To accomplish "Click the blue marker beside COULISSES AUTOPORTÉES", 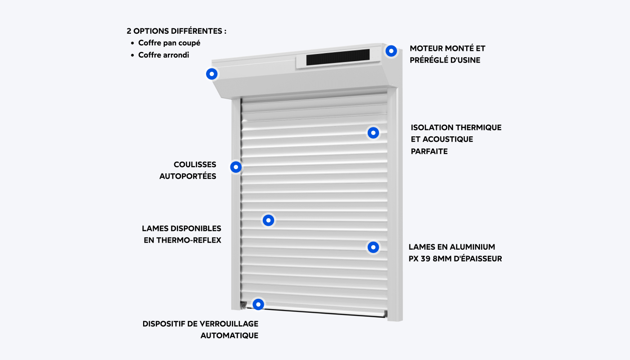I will (x=236, y=167).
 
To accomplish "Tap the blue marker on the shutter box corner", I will (x=212, y=74).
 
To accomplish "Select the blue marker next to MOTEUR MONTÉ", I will (x=391, y=51).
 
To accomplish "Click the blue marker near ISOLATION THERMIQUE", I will (x=373, y=133).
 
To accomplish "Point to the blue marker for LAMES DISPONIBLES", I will (x=269, y=220).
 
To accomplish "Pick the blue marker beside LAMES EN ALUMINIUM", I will (x=373, y=247).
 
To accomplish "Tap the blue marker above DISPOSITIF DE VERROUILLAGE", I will (x=258, y=304).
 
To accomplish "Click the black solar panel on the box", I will (x=337, y=57).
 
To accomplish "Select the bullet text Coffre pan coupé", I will (x=169, y=43).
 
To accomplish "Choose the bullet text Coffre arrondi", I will (x=164, y=55).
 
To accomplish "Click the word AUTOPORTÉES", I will (x=188, y=176).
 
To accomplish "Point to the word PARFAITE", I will (x=429, y=152).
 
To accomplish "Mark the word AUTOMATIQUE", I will (x=229, y=336).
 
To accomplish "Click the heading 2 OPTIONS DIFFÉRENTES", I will (x=176, y=31).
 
